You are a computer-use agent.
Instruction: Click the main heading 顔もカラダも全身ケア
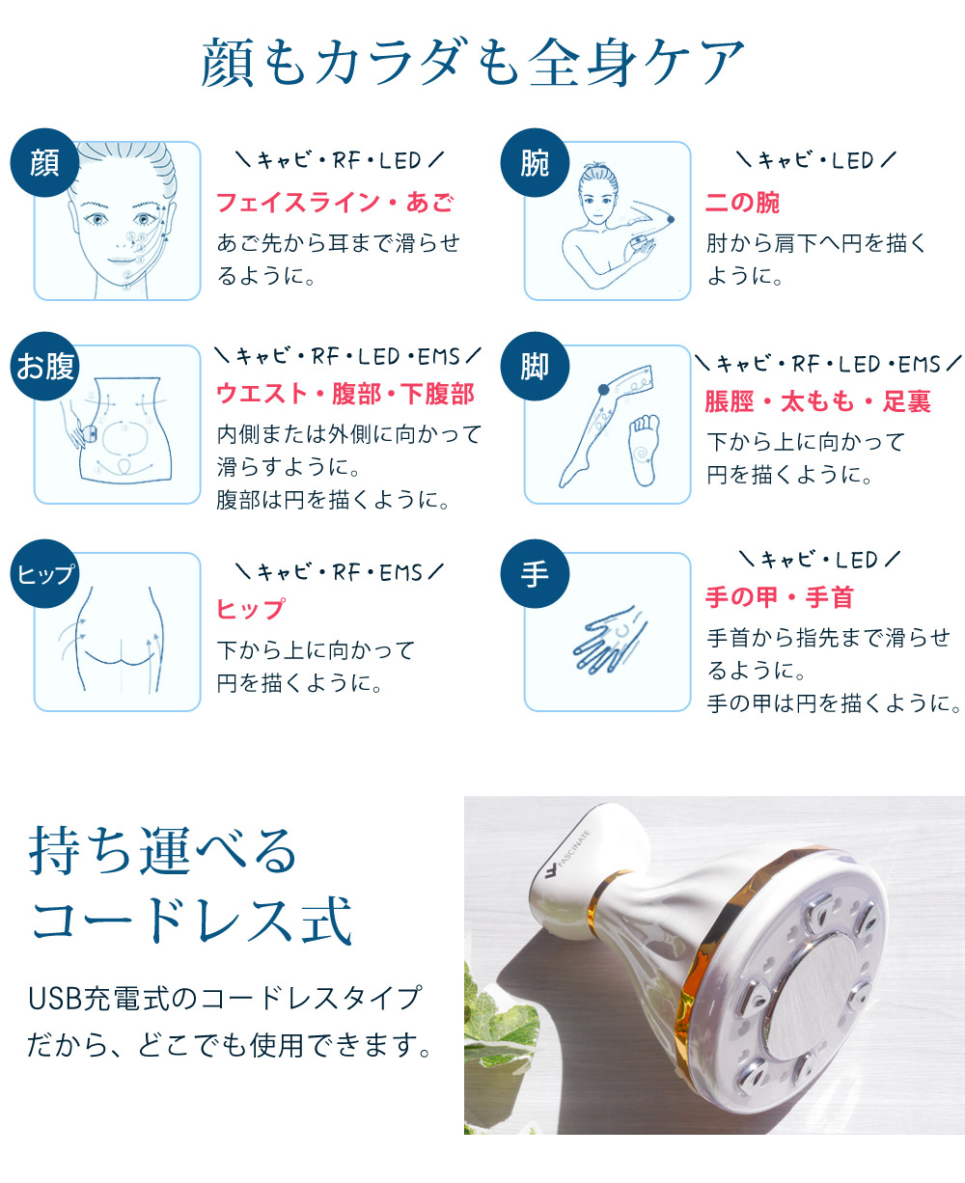click(473, 64)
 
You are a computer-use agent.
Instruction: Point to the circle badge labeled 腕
click(535, 162)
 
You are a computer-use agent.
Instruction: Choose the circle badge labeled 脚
click(535, 367)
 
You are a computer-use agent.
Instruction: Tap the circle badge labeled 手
click(535, 574)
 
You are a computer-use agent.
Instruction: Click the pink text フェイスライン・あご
click(334, 203)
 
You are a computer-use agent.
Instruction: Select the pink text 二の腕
click(742, 203)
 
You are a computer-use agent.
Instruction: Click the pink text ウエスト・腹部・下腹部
click(345, 394)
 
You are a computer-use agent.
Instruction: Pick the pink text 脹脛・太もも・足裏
click(817, 401)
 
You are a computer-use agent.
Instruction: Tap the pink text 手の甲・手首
click(779, 598)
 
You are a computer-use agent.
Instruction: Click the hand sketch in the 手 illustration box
click(605, 640)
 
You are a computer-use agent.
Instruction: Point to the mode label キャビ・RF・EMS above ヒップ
click(340, 572)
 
